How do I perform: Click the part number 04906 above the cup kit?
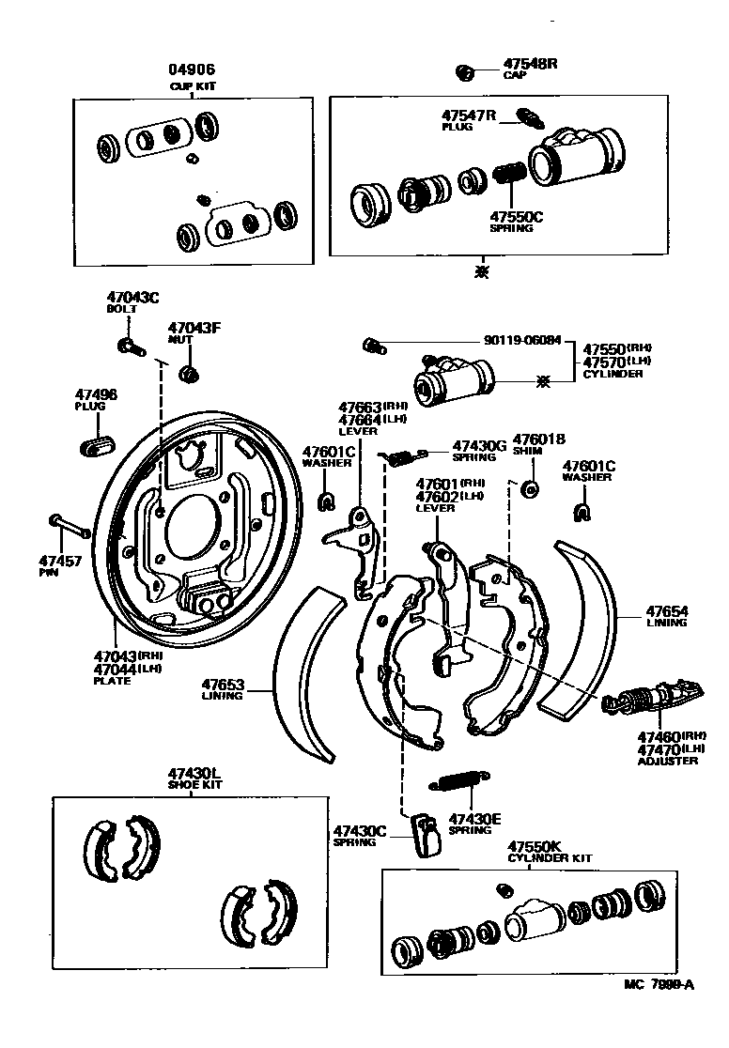click(193, 69)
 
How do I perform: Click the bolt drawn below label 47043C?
click(129, 347)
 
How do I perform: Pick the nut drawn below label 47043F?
click(189, 374)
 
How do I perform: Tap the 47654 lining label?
click(666, 611)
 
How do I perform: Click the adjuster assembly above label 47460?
click(649, 699)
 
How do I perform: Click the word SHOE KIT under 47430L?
click(194, 785)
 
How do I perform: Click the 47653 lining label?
click(223, 684)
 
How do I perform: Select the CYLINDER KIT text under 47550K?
click(550, 858)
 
